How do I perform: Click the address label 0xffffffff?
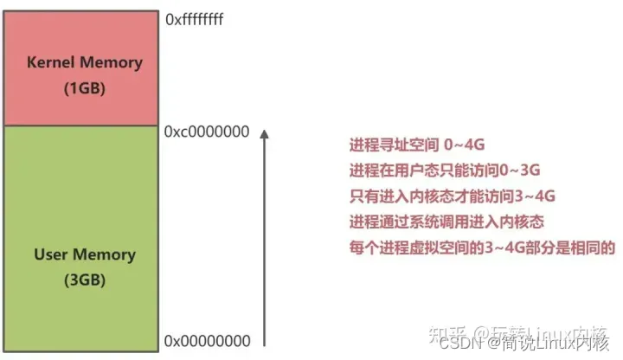tap(195, 17)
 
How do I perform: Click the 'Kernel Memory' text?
tap(85, 63)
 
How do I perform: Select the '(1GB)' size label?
tap(85, 88)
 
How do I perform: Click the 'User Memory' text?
tap(85, 255)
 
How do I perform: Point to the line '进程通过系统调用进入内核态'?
tap(446, 222)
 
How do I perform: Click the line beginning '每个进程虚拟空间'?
tap(481, 247)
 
